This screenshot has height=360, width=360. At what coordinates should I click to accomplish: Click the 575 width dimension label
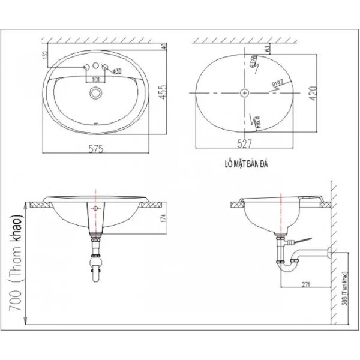pyautogui.click(x=97, y=149)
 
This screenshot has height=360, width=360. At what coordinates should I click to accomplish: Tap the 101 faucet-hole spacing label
pyautogui.click(x=95, y=78)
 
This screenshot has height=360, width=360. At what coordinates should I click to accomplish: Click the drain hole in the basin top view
pyautogui.click(x=95, y=92)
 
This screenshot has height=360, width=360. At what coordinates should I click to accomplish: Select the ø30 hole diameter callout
pyautogui.click(x=116, y=71)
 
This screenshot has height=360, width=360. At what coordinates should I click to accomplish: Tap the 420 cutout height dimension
pyautogui.click(x=311, y=93)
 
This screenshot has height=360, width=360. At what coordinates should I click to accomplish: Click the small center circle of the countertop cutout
pyautogui.click(x=244, y=93)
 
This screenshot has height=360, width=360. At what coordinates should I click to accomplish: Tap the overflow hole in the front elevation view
pyautogui.click(x=95, y=208)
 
